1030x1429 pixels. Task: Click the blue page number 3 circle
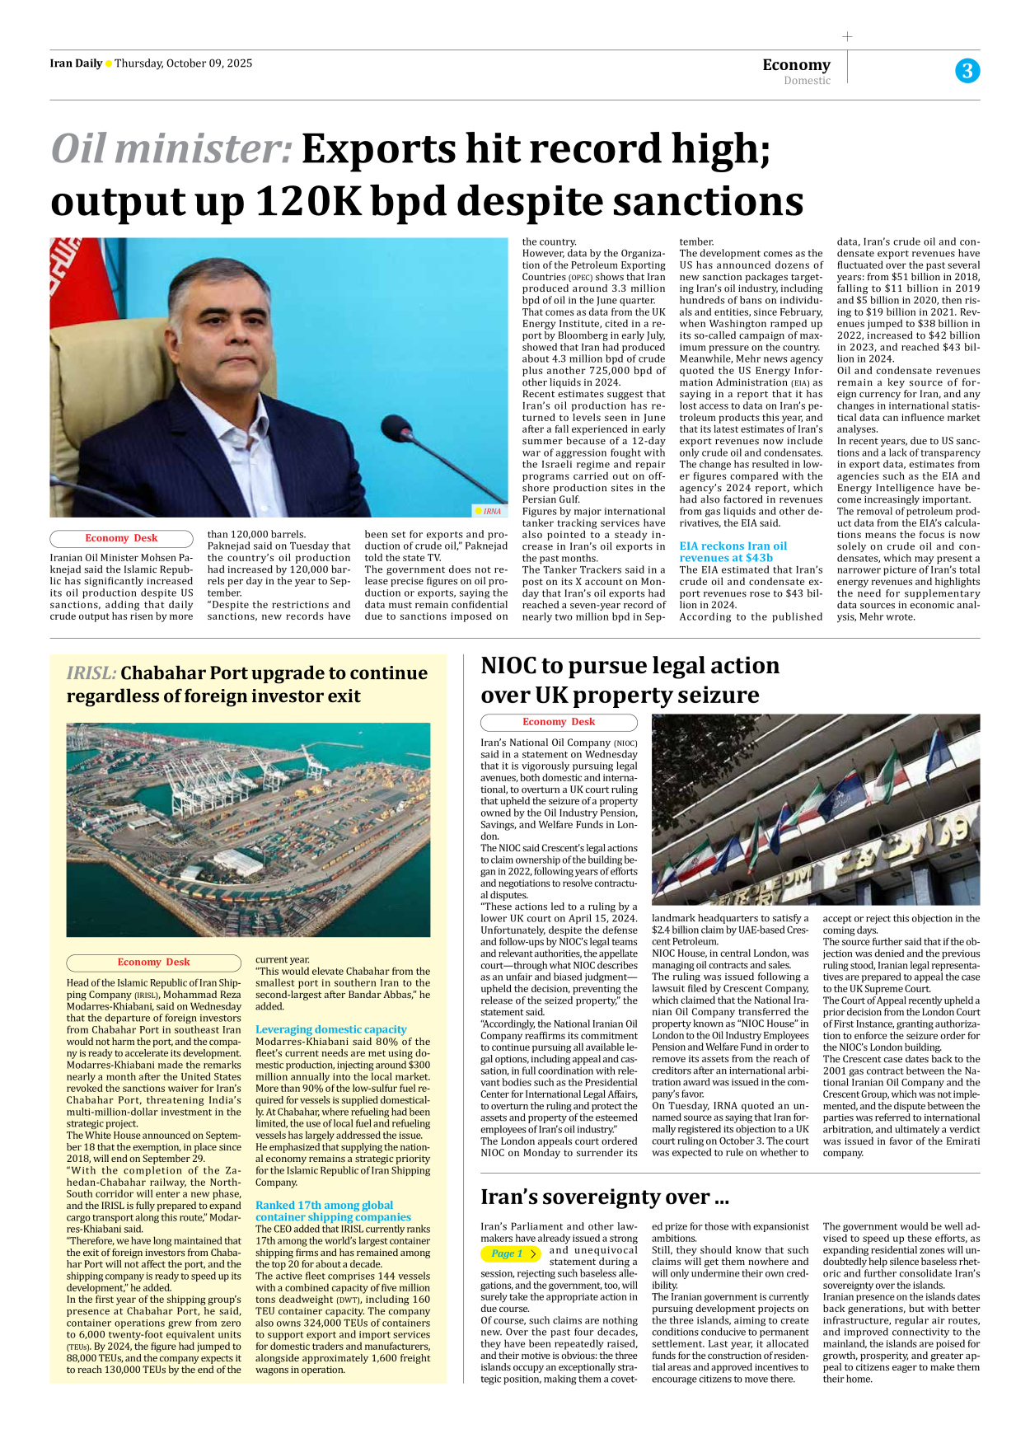click(x=967, y=71)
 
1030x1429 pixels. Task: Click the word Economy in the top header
click(x=796, y=64)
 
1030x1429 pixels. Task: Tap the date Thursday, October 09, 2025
click(x=183, y=63)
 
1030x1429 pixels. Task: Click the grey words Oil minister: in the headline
click(x=171, y=149)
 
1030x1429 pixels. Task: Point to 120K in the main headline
click(x=309, y=202)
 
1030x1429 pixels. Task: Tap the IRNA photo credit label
click(x=489, y=511)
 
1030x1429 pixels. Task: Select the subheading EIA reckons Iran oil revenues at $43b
click(x=733, y=551)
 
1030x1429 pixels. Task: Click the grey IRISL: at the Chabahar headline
click(x=91, y=673)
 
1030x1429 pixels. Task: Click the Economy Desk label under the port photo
click(x=153, y=962)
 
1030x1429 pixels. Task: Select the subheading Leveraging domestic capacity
click(x=330, y=1029)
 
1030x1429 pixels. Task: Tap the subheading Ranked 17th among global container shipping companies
click(x=332, y=1211)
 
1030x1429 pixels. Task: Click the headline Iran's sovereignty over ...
click(x=604, y=1197)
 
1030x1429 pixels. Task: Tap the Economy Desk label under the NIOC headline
click(x=558, y=722)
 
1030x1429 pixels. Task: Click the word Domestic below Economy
click(x=807, y=81)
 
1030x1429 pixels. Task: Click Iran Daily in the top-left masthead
click(x=76, y=63)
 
